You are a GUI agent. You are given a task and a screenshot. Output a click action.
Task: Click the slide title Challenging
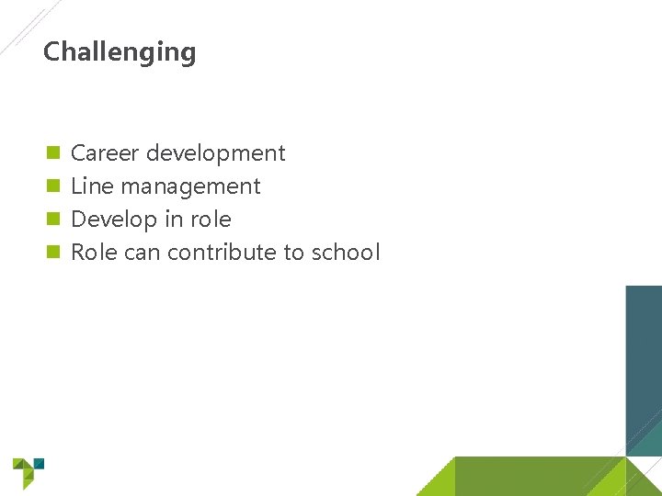(120, 52)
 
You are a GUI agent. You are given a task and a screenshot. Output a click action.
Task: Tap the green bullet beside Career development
(53, 152)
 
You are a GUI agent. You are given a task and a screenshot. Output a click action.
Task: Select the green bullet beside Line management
(53, 186)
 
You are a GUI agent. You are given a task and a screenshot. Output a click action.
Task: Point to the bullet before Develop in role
(53, 219)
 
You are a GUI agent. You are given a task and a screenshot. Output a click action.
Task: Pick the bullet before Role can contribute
(53, 252)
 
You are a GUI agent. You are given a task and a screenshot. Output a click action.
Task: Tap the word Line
(92, 186)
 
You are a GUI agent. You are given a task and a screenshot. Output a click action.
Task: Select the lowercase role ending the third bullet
(211, 220)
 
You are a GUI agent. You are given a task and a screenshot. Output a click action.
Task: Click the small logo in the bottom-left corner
(28, 472)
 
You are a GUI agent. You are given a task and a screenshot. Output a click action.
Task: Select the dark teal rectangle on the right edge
(644, 367)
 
